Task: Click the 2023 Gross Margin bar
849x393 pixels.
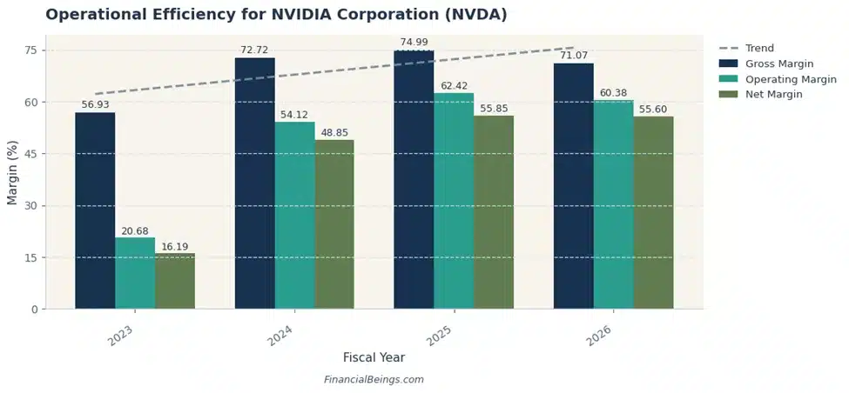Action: pyautogui.click(x=95, y=210)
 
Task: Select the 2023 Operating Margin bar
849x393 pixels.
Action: pyautogui.click(x=135, y=273)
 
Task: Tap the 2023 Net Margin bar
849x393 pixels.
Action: pyautogui.click(x=175, y=281)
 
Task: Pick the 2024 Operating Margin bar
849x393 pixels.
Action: pyautogui.click(x=294, y=216)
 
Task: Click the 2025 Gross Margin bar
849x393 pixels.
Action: pyautogui.click(x=414, y=179)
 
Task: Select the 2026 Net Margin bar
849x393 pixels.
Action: pyautogui.click(x=653, y=213)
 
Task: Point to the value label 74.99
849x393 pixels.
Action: pyautogui.click(x=414, y=43)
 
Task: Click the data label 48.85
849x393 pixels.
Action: pyautogui.click(x=334, y=133)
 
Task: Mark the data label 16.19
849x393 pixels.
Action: pyautogui.click(x=175, y=246)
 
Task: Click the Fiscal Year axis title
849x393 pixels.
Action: pyautogui.click(x=374, y=357)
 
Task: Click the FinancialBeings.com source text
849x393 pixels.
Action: pyautogui.click(x=374, y=380)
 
